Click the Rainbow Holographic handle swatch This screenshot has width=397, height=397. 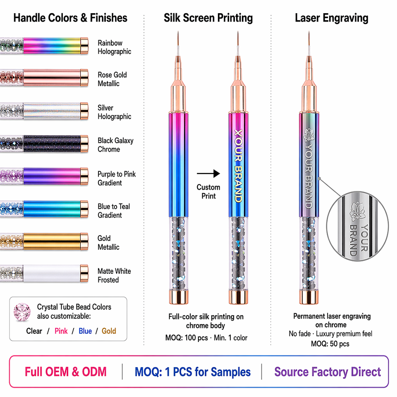tap(44, 46)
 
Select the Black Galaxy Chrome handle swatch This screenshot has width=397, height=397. tap(44, 143)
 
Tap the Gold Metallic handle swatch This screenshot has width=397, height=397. tap(44, 241)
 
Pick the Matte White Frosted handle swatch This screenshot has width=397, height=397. tap(44, 273)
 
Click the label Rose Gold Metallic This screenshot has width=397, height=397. tap(112, 79)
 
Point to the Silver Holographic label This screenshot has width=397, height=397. tap(114, 112)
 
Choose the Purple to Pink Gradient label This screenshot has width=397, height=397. tap(117, 178)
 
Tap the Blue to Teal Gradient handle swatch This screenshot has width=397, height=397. tap(44, 209)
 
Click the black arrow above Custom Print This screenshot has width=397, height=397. tap(208, 174)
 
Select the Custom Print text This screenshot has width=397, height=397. tap(208, 191)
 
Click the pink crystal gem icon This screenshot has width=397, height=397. tap(22, 312)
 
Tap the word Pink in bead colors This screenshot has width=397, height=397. tap(61, 331)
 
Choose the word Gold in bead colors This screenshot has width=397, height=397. tap(109, 331)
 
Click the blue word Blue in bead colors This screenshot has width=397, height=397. tap(85, 331)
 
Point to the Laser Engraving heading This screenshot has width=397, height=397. tap(332, 18)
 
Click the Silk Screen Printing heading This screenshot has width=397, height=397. tap(208, 18)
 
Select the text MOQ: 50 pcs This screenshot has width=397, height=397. tap(330, 344)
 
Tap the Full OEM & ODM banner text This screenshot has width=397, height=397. tap(66, 372)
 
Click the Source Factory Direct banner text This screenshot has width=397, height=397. tap(328, 372)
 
